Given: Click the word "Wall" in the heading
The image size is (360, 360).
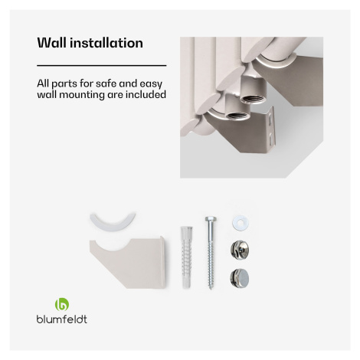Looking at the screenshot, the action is point(52,43).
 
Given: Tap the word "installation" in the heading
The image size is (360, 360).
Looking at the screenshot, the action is point(106,43).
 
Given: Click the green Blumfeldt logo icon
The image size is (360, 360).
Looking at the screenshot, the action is point(62,304).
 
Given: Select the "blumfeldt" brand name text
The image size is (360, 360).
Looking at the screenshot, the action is point(62,319).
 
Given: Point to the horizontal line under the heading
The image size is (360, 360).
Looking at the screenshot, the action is point(102,66).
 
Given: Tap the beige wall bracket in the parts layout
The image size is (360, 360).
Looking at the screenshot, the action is point(128,263).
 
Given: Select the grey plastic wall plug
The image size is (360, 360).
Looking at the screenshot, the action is point(187,256).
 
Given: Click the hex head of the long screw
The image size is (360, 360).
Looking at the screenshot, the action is point(211,219).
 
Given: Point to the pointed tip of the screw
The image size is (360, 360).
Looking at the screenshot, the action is point(211,289).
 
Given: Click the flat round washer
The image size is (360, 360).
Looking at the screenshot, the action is point(241,223).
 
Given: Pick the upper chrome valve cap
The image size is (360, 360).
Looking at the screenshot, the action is point(240,250).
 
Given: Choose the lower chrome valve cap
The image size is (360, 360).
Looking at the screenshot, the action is point(240,278).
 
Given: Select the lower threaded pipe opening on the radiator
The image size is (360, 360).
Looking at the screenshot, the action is point(238,115).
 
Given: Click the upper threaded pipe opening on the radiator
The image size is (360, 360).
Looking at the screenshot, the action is point(254,99).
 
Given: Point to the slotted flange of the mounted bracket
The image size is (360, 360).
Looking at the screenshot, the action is point(270,129).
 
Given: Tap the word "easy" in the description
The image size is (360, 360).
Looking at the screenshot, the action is point(151,84).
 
